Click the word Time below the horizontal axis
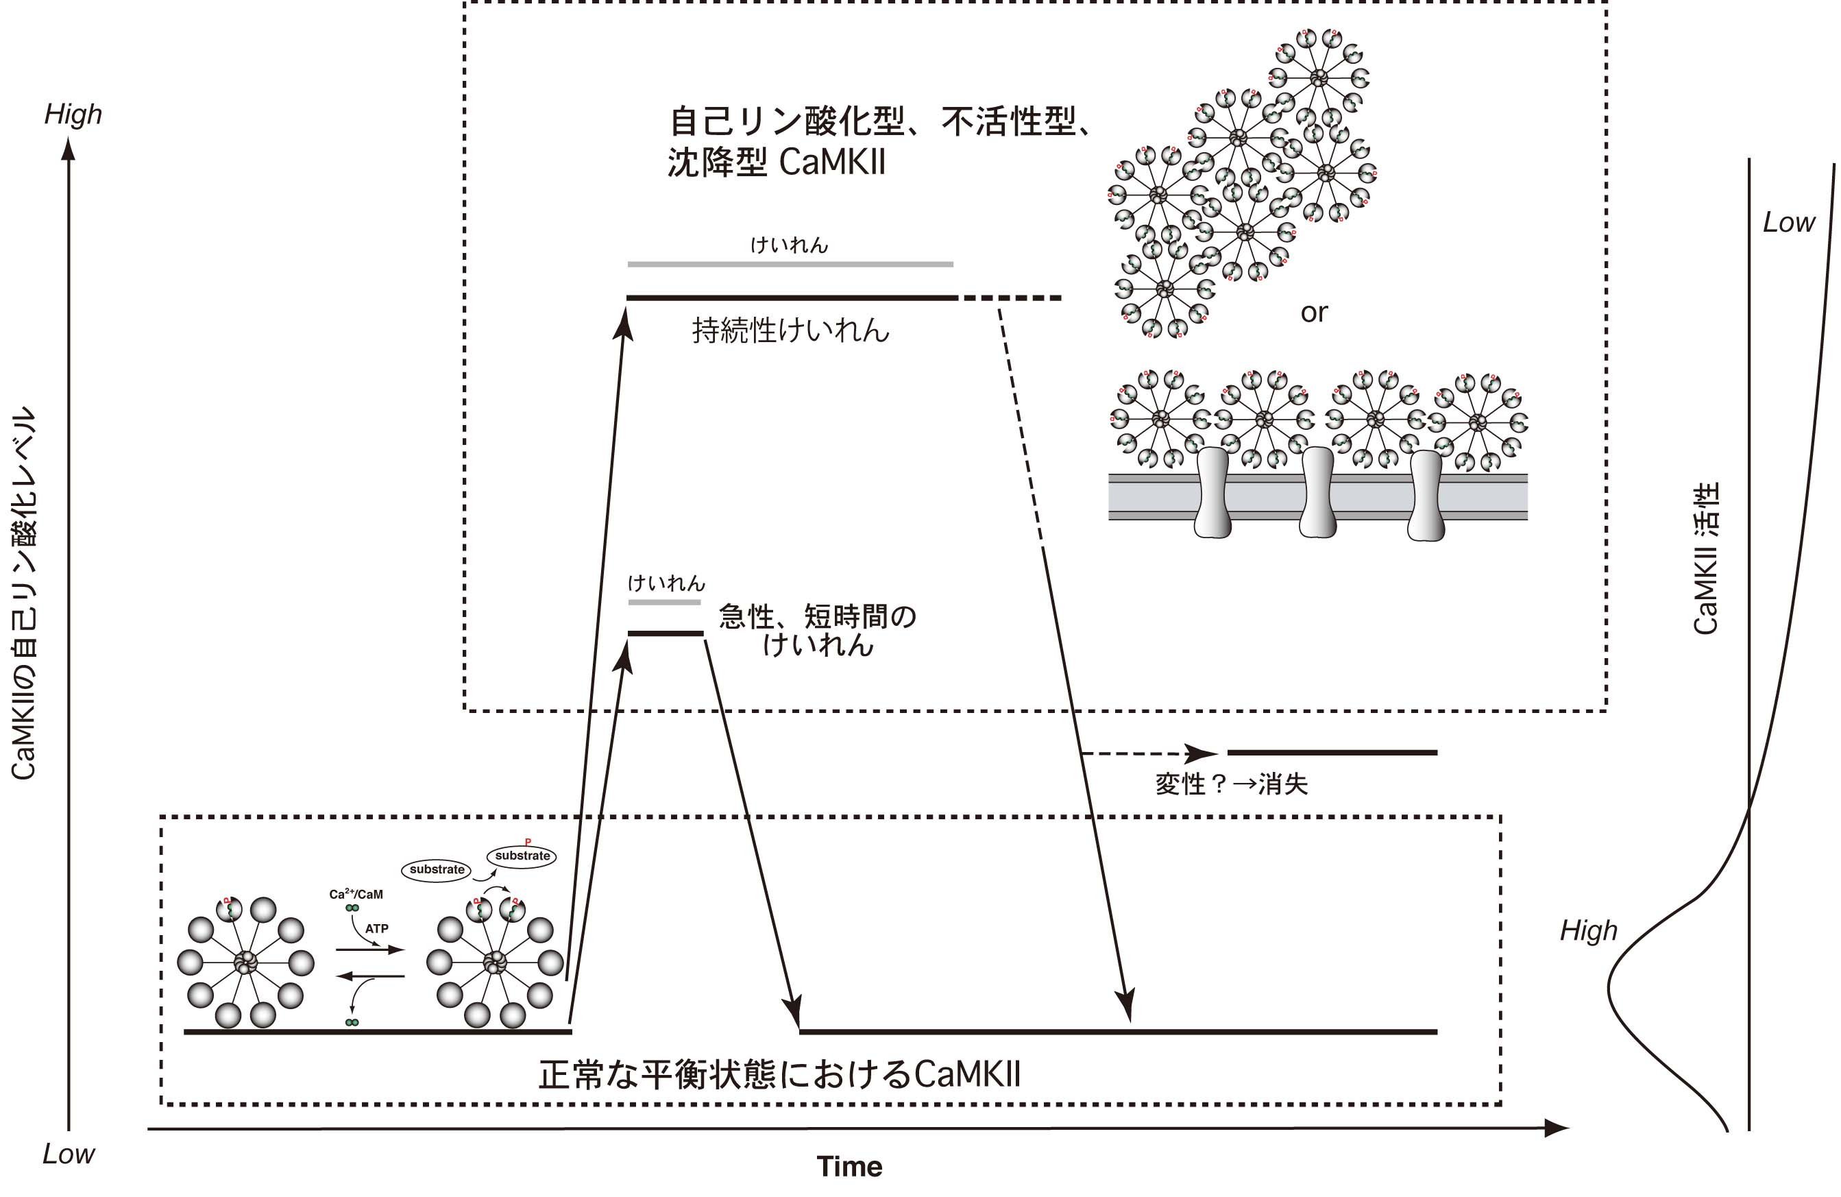pyautogui.click(x=849, y=1166)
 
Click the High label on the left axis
pyautogui.click(x=73, y=114)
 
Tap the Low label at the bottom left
pyautogui.click(x=69, y=1154)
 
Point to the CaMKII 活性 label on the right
pyautogui.click(x=1705, y=558)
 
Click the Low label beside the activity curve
pyautogui.click(x=1788, y=223)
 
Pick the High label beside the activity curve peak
pyautogui.click(x=1589, y=930)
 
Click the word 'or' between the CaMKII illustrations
pyautogui.click(x=1314, y=313)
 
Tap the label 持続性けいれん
pyautogui.click(x=790, y=331)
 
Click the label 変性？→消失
pyautogui.click(x=1232, y=784)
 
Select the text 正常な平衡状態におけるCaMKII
pyautogui.click(x=780, y=1075)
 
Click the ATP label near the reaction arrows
pyautogui.click(x=377, y=928)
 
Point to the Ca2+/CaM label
pyautogui.click(x=356, y=894)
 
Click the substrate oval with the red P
pyautogui.click(x=522, y=856)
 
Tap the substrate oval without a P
pyautogui.click(x=437, y=870)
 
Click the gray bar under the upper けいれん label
pyautogui.click(x=790, y=264)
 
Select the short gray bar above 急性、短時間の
pyautogui.click(x=663, y=602)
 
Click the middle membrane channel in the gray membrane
pyautogui.click(x=1317, y=492)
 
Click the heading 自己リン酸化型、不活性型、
pyautogui.click(x=880, y=121)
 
